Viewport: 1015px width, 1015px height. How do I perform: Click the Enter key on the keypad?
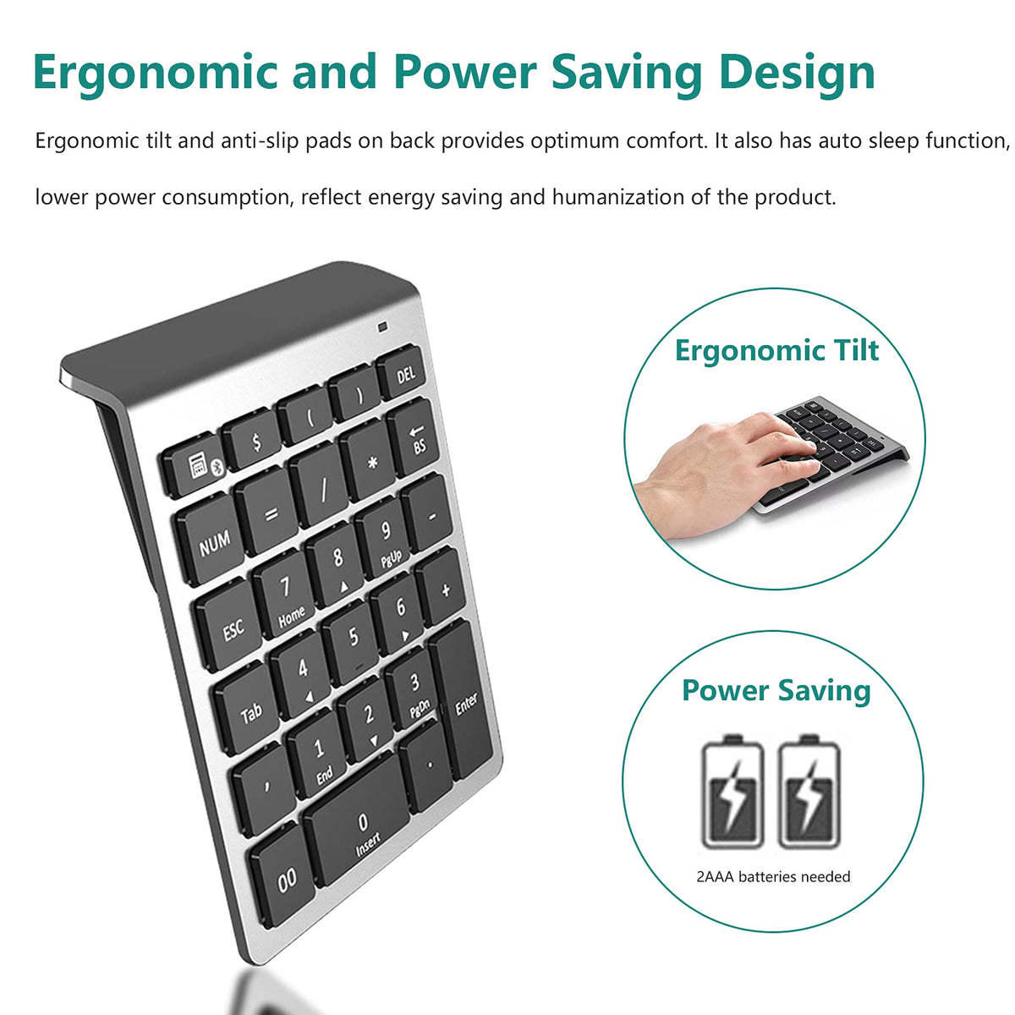[x=462, y=700]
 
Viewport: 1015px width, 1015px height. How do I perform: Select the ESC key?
[x=229, y=625]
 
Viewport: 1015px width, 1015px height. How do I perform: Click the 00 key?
[x=284, y=879]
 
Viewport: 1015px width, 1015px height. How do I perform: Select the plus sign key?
[x=442, y=587]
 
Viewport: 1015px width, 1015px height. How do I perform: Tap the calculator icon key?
[x=194, y=464]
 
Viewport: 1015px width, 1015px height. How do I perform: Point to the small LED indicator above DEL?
[x=382, y=326]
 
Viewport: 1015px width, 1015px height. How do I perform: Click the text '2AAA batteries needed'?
[x=773, y=876]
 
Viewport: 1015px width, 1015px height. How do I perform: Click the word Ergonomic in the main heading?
[x=155, y=74]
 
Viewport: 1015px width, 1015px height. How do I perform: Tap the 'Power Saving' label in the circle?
[x=776, y=691]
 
